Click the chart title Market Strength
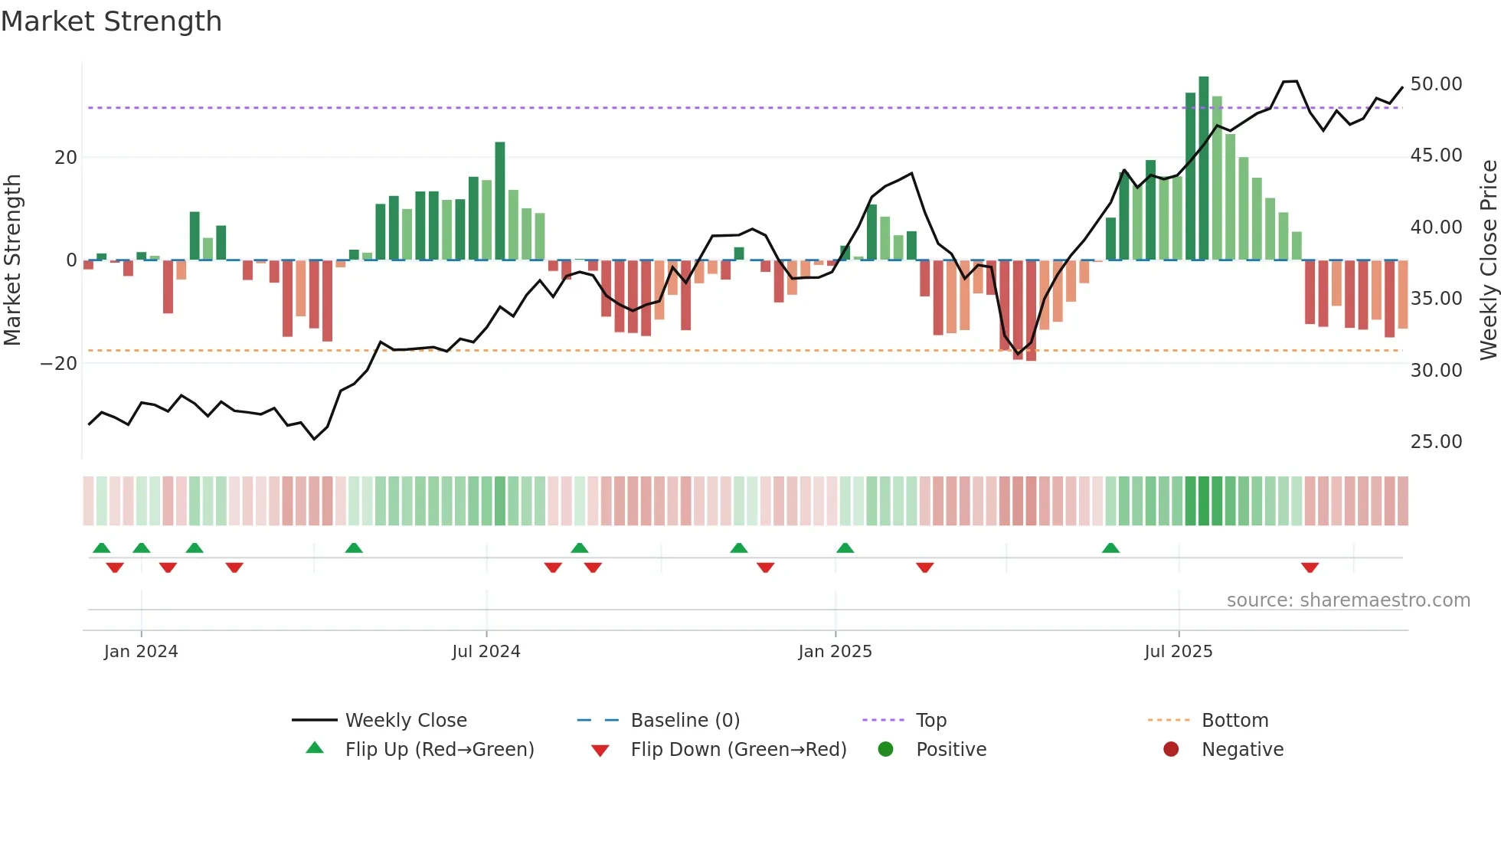(111, 21)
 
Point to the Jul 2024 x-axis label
(486, 651)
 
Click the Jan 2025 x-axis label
(835, 651)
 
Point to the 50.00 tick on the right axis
(1436, 83)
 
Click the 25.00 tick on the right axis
(1436, 441)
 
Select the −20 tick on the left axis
(59, 363)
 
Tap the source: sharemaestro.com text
(1348, 600)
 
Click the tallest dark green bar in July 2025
(1204, 168)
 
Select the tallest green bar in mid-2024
(500, 201)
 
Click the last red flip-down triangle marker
(1310, 568)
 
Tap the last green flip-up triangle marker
(1110, 548)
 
